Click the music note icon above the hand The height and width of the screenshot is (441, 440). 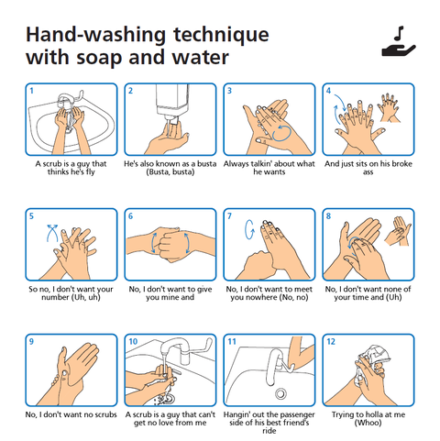399,33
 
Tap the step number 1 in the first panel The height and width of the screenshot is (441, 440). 31,91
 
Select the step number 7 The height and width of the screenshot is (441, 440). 229,216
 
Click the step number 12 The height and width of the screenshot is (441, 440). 331,341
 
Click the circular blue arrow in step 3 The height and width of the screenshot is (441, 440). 281,133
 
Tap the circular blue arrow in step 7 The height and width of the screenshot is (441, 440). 249,229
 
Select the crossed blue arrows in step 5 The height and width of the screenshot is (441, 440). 52,233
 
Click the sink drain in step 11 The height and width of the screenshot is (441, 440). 280,393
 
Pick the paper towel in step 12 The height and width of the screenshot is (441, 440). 374,356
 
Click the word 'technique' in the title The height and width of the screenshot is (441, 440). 222,36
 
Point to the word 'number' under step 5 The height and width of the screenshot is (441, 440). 55,297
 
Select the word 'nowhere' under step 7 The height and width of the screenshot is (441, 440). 269,297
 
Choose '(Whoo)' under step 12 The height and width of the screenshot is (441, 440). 368,423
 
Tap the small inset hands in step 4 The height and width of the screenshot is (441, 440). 389,108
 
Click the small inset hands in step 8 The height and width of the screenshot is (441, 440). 398,231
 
